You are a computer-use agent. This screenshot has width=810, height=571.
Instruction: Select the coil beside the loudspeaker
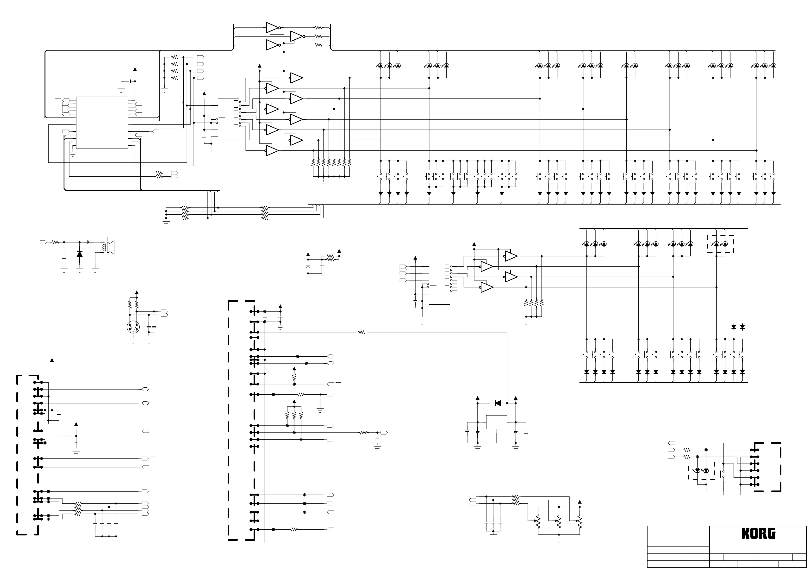tap(104, 247)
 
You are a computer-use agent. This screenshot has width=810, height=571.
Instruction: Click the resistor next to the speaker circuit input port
tap(55, 242)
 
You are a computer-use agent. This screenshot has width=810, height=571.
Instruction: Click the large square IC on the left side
tap(102, 123)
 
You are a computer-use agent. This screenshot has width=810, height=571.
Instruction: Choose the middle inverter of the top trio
tap(297, 36)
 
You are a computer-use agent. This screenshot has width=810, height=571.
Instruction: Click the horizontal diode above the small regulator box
tap(498, 403)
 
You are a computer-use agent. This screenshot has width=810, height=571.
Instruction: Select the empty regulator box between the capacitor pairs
tap(496, 422)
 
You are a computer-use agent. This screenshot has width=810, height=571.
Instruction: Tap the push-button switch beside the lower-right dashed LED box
tap(723, 474)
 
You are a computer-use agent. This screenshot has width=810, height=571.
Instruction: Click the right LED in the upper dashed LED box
tap(725, 244)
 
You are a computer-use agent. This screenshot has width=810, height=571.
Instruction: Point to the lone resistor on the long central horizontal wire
tap(361, 332)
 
